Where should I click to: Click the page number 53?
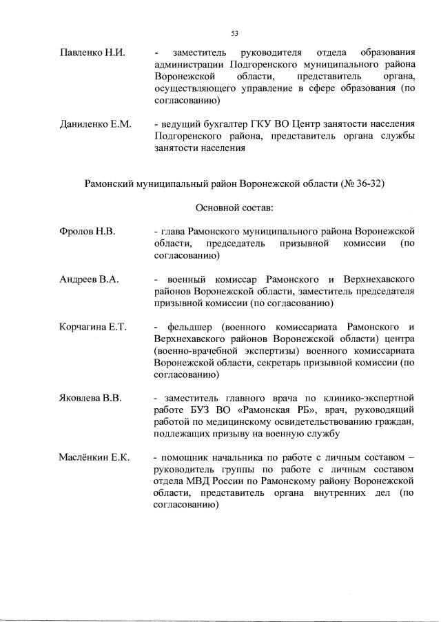[235, 32]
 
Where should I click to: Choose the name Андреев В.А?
[90, 279]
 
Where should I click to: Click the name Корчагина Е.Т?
[93, 326]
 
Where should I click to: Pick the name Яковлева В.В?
[91, 398]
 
